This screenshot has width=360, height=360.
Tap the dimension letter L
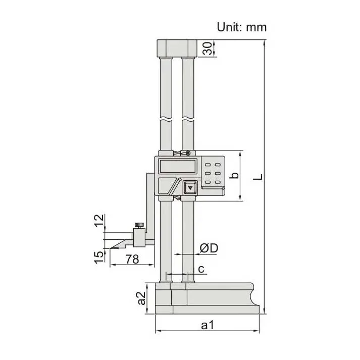[258, 177]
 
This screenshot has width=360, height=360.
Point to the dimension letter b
[234, 176]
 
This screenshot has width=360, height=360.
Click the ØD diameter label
[208, 248]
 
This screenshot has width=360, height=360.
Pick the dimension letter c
[201, 269]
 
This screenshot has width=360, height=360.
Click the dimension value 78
[132, 259]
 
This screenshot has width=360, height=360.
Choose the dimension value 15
[99, 255]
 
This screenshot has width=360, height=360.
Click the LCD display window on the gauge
[176, 165]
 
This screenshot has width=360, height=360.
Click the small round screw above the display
[187, 153]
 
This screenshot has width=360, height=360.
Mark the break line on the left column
[166, 120]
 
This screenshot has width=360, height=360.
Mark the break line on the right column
[187, 120]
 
